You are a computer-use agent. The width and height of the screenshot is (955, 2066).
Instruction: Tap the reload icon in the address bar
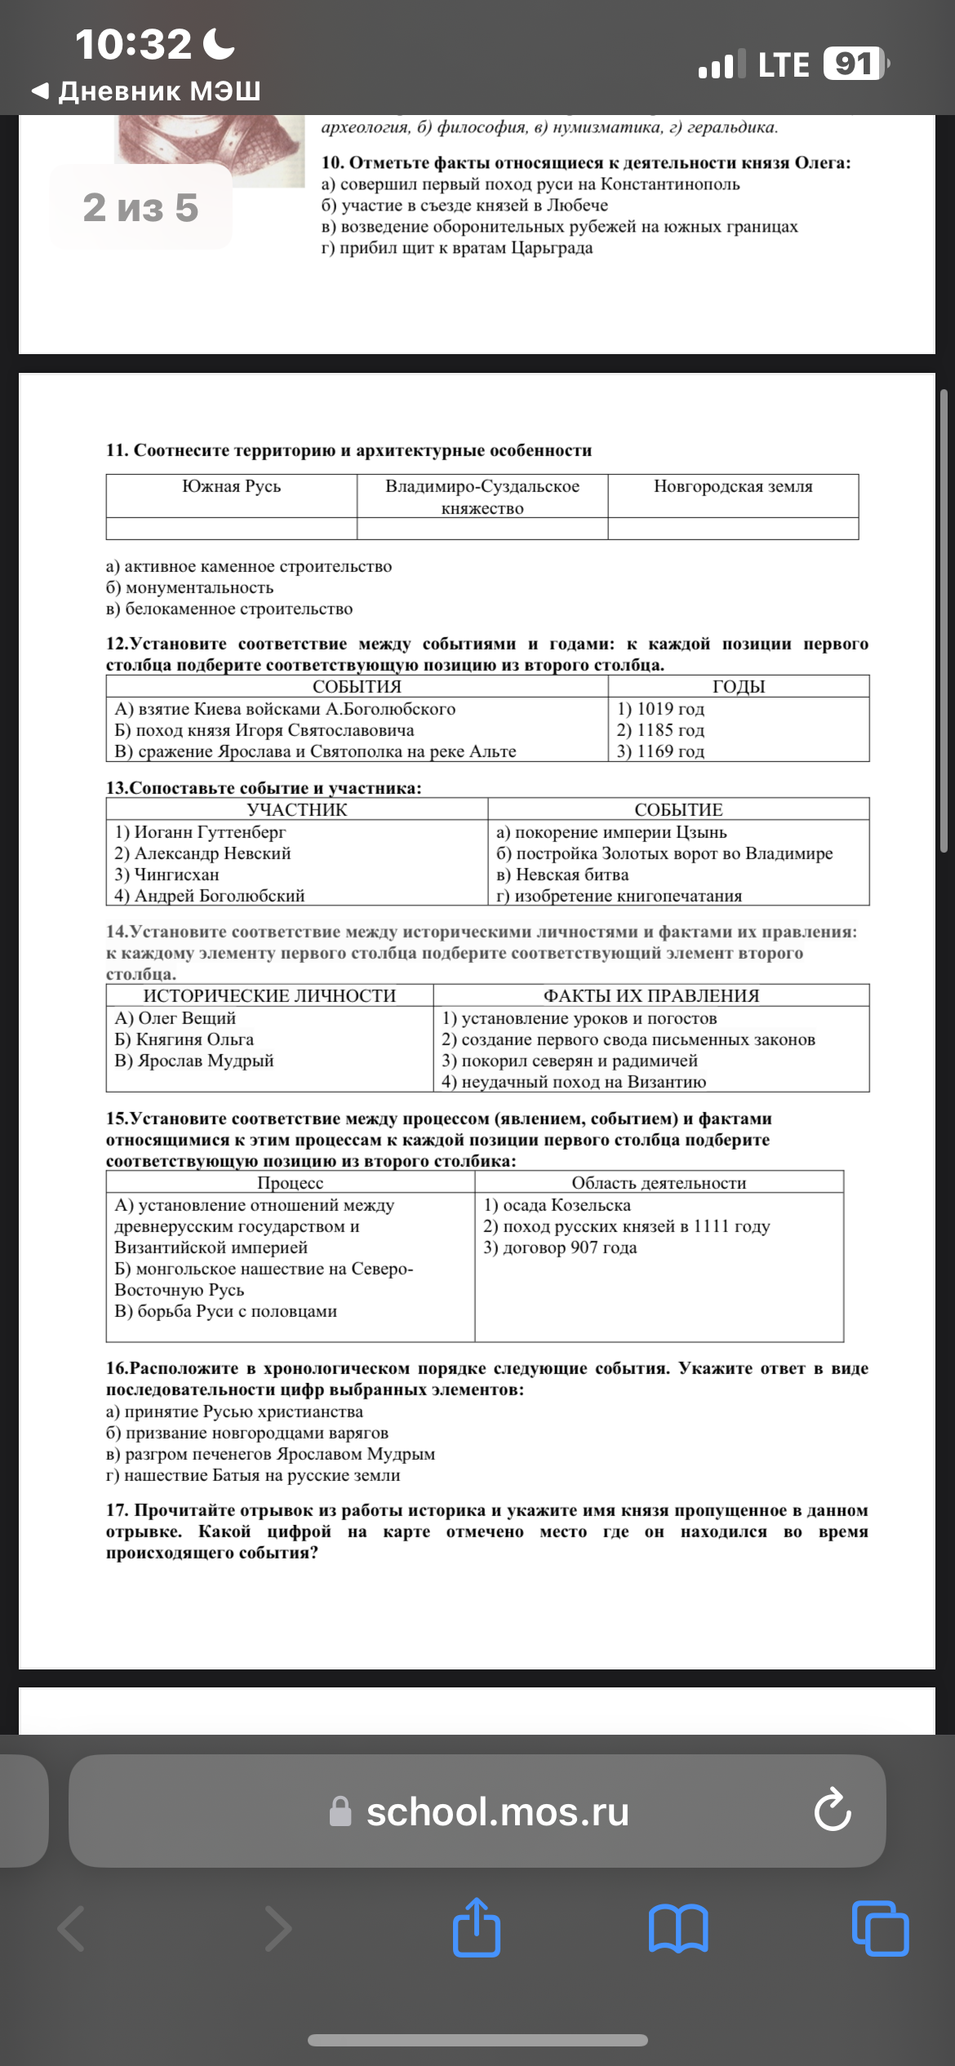(832, 1811)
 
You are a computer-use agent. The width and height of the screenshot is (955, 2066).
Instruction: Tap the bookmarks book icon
(678, 1929)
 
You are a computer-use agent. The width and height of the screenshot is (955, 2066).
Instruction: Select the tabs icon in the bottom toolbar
(880, 1929)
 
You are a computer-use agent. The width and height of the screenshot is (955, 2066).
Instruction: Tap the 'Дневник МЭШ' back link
(147, 91)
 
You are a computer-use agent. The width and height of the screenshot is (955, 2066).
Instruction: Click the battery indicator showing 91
(854, 64)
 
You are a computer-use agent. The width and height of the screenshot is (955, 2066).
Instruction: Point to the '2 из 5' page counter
(140, 207)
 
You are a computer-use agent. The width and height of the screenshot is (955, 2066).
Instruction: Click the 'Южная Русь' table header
(231, 486)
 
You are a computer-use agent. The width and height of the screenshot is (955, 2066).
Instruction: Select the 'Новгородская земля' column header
(733, 486)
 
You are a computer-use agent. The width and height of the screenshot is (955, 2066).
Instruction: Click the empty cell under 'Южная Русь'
(231, 529)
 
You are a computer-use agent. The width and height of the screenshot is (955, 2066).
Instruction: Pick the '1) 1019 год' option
(660, 708)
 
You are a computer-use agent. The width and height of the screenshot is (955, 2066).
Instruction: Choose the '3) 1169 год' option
(660, 751)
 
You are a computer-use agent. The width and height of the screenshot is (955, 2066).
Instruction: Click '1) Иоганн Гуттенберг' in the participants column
(201, 831)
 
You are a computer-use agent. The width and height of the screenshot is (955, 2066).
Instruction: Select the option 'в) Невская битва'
(562, 874)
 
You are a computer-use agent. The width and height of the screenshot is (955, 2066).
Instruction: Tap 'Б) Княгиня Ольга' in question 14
(184, 1039)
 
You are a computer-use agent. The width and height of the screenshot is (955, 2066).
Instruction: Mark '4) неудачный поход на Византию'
(574, 1081)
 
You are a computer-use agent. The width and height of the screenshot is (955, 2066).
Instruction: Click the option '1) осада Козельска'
(557, 1204)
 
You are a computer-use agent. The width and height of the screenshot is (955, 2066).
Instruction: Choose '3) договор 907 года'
(560, 1247)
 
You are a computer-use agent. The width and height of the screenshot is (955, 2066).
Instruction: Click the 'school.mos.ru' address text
(497, 1811)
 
